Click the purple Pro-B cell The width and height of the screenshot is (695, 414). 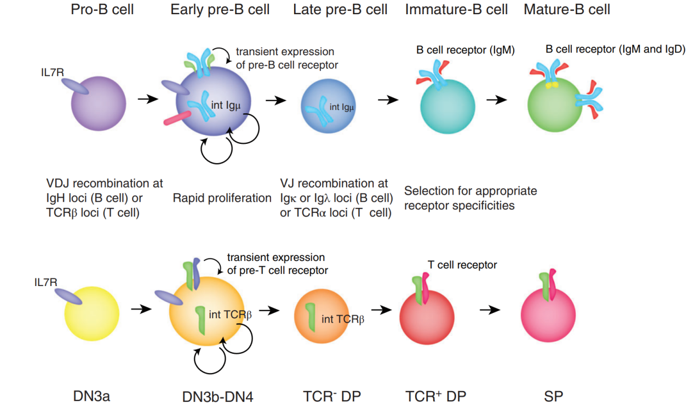[99, 104]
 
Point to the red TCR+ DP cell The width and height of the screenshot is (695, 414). [427, 317]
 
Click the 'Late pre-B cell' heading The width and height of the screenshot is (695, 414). [340, 10]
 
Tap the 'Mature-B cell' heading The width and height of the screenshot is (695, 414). [567, 10]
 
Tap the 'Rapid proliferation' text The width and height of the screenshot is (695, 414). [222, 198]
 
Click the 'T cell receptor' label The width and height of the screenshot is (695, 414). [462, 265]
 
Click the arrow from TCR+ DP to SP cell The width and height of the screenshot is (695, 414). [490, 309]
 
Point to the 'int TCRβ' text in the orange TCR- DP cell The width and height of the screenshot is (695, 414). [342, 318]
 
